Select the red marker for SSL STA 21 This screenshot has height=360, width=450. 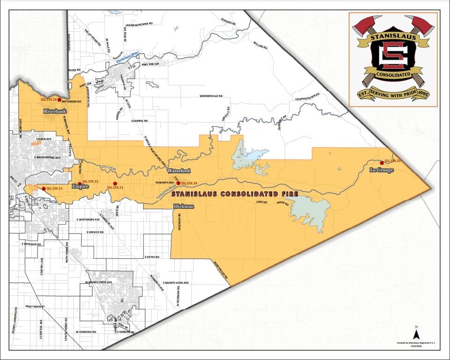pos(44,188)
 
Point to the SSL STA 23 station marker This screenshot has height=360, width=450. pos(115,183)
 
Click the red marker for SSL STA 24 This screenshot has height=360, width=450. pos(178,183)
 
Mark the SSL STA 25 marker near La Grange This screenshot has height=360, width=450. pos(382,163)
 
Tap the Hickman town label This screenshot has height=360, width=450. pos(182,206)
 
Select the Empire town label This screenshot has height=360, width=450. pos(80,186)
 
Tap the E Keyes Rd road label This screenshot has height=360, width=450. pos(152,257)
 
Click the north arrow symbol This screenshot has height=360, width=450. pos(415,333)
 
